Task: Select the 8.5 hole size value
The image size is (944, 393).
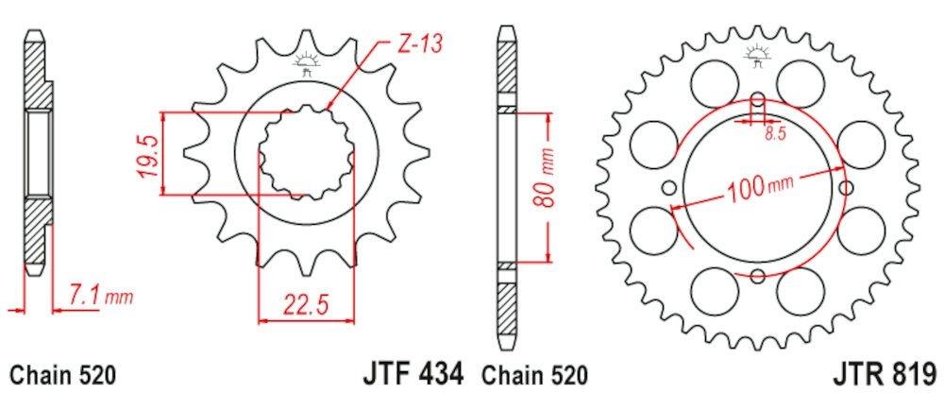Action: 775,136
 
